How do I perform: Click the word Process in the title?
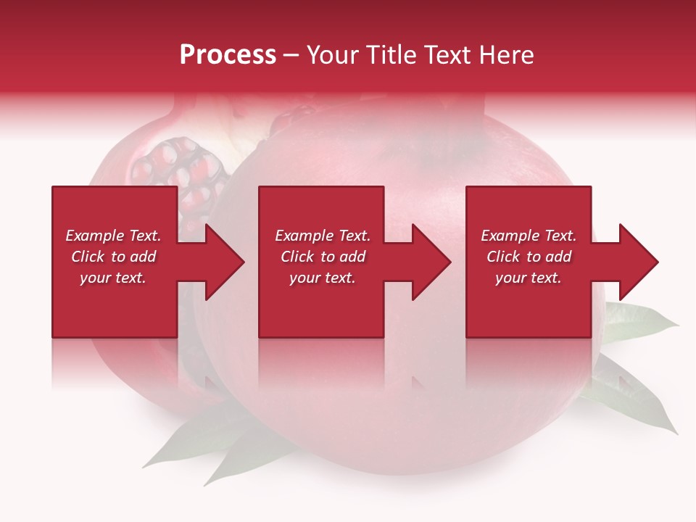click(228, 55)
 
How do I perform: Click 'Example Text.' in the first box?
click(113, 236)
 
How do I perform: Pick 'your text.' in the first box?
click(113, 278)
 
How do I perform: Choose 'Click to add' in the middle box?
click(323, 257)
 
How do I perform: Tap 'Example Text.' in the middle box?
click(323, 236)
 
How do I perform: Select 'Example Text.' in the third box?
click(529, 236)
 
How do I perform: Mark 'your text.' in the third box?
click(529, 278)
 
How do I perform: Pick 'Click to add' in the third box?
click(529, 257)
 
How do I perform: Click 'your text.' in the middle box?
click(323, 278)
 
